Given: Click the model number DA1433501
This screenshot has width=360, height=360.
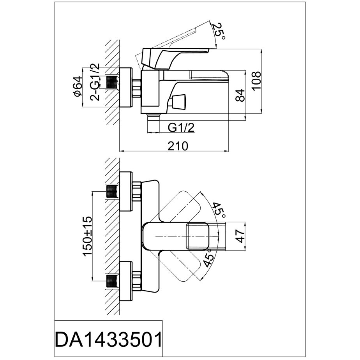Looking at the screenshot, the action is (108, 340).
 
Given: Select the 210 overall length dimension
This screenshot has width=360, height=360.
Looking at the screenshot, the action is (178, 145).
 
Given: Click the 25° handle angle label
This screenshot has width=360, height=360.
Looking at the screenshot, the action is (219, 31).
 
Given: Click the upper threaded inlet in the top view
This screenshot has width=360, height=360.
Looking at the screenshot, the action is (112, 192).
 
